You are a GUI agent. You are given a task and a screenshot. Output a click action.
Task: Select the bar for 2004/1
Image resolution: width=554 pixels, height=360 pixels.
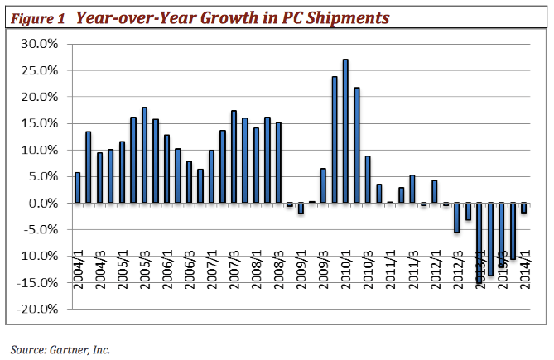[78, 187]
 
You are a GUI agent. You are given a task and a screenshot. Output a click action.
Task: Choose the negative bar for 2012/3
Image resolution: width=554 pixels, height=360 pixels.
[456, 218]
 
